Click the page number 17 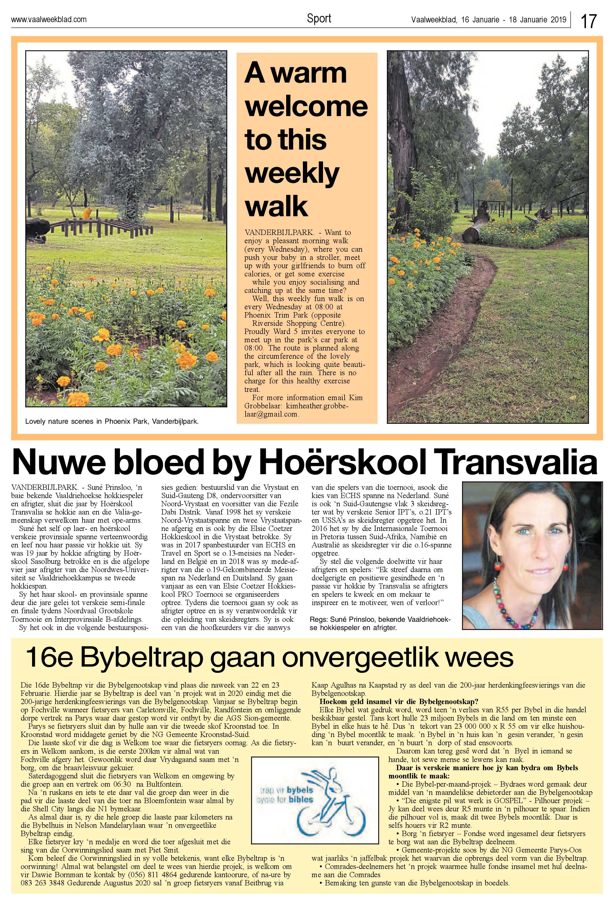tap(589, 21)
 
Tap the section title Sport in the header tap(319, 18)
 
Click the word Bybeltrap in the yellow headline tap(142, 658)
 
